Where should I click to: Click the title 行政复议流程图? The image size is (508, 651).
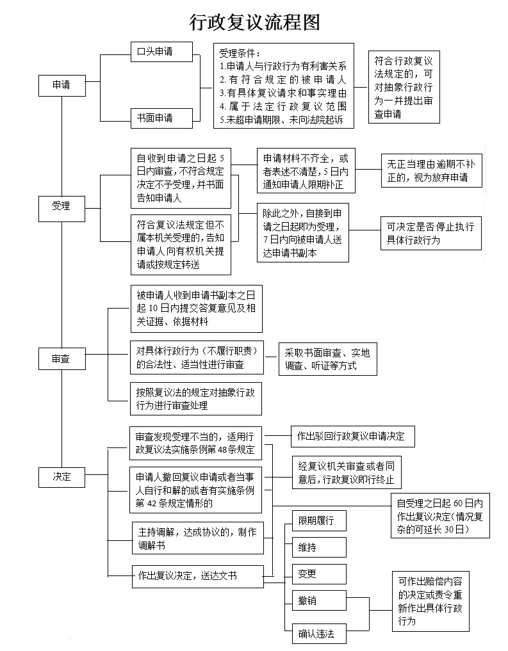(254, 22)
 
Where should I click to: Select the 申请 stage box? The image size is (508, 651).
(61, 84)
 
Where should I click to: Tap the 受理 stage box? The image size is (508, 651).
(61, 206)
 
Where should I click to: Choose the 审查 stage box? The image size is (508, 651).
(61, 360)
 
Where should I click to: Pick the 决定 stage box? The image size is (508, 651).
(61, 476)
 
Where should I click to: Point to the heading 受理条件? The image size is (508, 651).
(240, 53)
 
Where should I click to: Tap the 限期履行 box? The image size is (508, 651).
(319, 520)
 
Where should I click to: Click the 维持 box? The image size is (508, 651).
(319, 547)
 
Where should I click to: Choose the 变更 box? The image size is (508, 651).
(319, 574)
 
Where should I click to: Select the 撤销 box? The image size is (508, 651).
(319, 601)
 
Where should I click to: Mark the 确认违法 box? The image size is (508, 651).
(319, 634)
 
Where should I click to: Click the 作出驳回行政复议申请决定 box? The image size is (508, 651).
(352, 437)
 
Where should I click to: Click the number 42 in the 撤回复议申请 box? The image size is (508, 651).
(152, 504)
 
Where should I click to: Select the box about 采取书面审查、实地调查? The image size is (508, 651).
(327, 359)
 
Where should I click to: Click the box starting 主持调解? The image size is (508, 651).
(196, 538)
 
